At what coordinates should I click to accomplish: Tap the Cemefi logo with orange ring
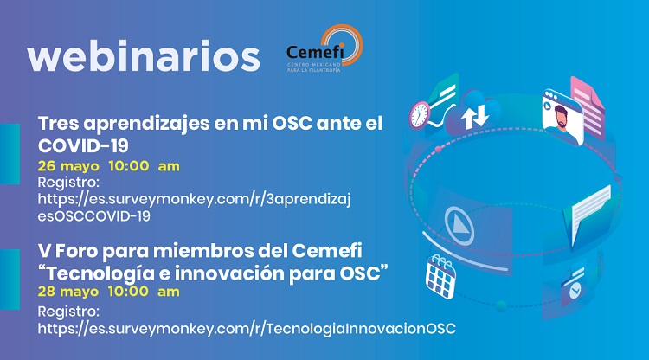click(324, 48)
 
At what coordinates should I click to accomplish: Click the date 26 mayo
click(68, 166)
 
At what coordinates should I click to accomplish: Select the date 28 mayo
click(68, 292)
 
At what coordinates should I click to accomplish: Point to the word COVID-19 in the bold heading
click(83, 145)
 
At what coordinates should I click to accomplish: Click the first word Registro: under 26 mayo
click(68, 182)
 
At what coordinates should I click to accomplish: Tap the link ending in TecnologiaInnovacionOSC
click(247, 329)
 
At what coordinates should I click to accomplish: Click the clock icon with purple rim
click(420, 114)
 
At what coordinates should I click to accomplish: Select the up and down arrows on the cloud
click(475, 116)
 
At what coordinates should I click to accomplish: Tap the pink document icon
click(587, 106)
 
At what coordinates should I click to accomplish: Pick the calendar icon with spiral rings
click(440, 276)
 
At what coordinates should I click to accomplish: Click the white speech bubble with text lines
click(591, 212)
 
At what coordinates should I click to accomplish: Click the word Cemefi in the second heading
click(327, 250)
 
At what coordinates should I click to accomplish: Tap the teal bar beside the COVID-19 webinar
click(10, 154)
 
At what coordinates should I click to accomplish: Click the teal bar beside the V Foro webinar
click(10, 280)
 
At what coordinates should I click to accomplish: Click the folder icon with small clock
click(574, 286)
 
